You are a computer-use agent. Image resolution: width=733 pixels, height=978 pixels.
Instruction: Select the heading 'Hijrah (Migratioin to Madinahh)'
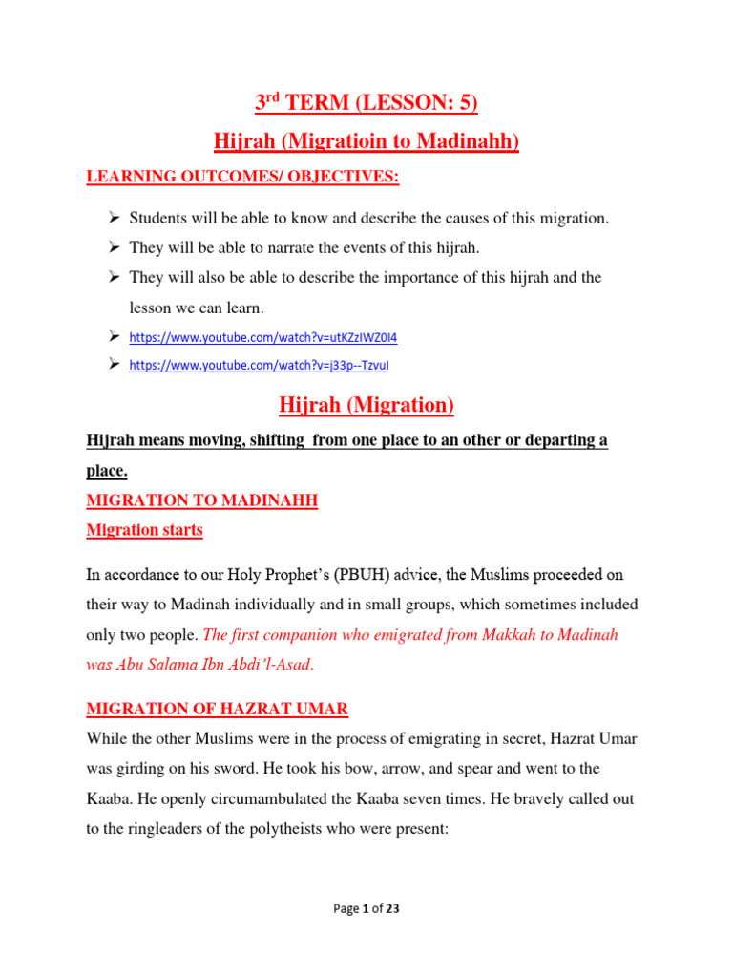tap(366, 142)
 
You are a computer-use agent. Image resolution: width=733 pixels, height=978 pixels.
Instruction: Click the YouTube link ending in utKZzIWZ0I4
tap(262, 337)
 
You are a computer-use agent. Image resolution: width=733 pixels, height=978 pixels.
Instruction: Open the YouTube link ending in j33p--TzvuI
tap(259, 365)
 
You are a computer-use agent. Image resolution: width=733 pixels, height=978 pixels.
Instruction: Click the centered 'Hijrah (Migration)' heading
tap(366, 405)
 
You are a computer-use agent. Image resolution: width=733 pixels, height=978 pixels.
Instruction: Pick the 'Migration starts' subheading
tap(144, 530)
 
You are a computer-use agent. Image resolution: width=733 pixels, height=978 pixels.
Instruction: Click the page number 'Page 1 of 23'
tap(366, 908)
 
